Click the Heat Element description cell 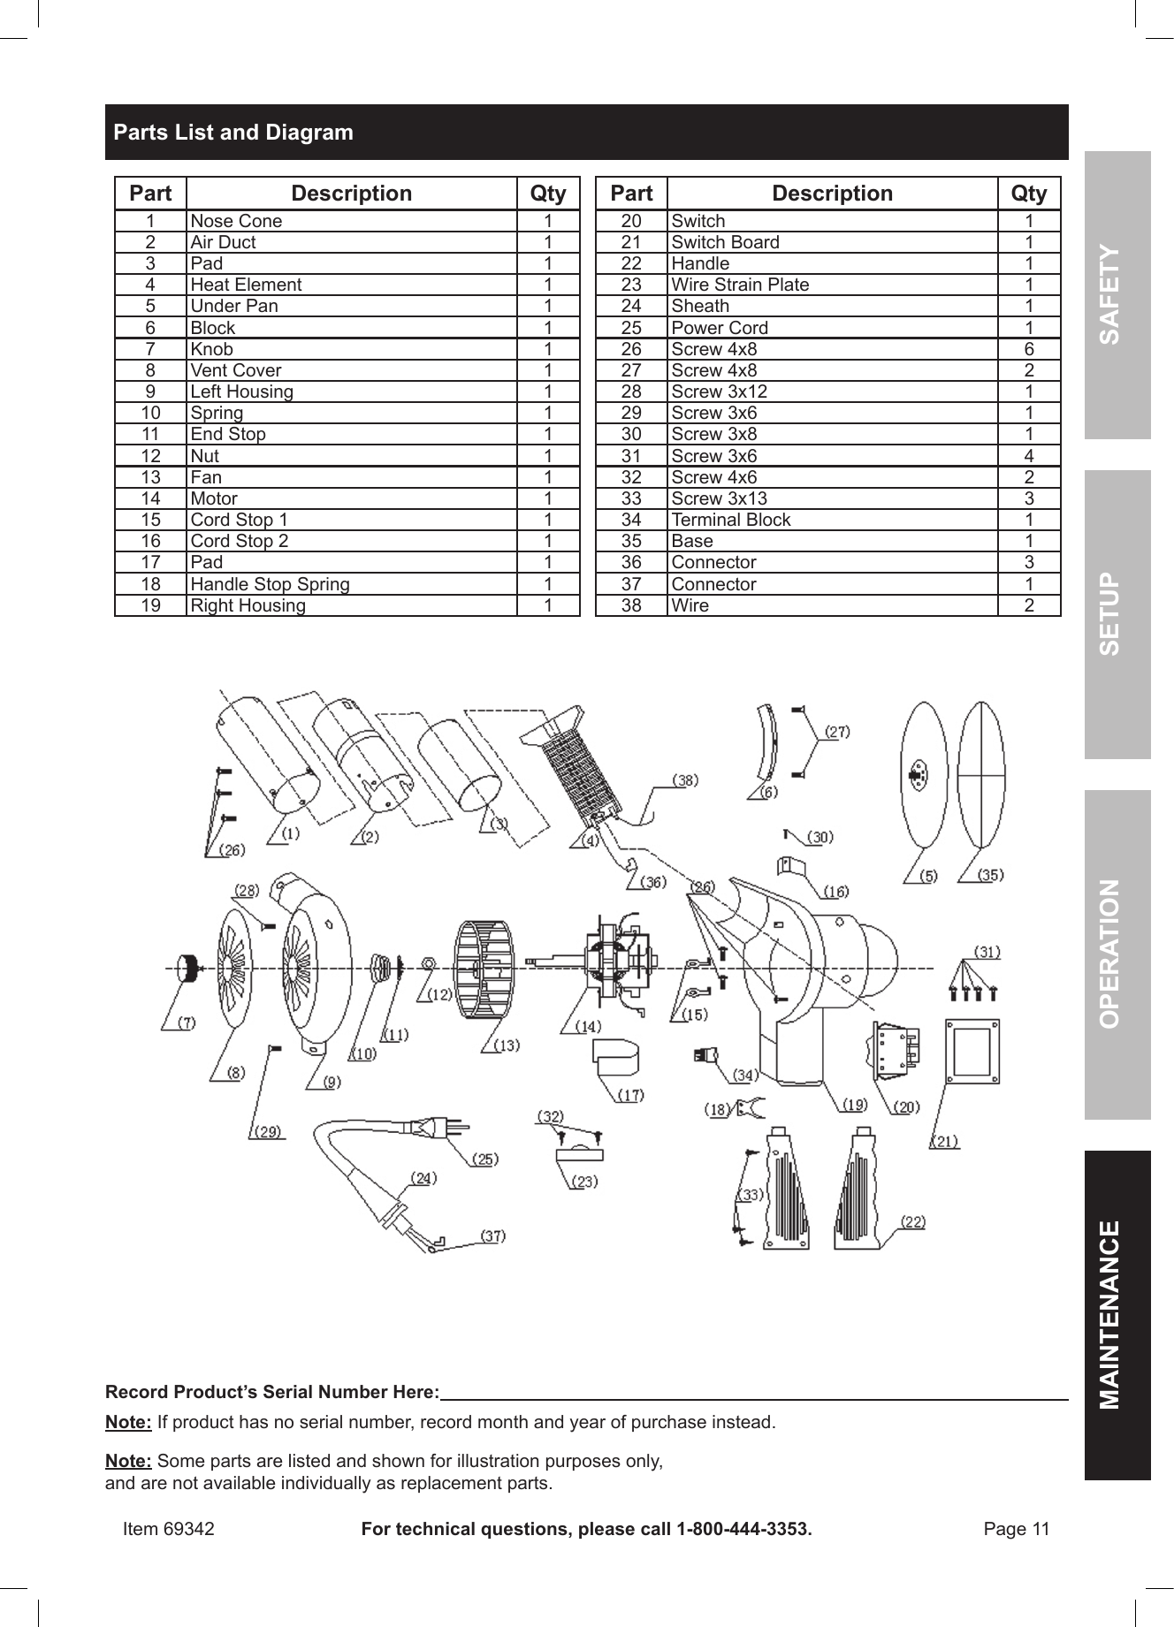click(x=246, y=285)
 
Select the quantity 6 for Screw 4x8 click(x=1029, y=349)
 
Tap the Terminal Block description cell click(x=730, y=520)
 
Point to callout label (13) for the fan click(x=506, y=1045)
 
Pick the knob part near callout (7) click(x=187, y=969)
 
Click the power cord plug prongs click(x=456, y=1127)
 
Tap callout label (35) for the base click(x=990, y=875)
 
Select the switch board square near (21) click(x=972, y=1051)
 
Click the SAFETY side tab click(x=1117, y=294)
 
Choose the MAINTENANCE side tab click(x=1117, y=1314)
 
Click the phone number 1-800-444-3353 click(x=743, y=1529)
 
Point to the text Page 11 click(x=1017, y=1529)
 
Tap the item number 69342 click(x=188, y=1529)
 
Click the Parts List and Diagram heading click(x=233, y=133)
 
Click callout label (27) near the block click(x=836, y=731)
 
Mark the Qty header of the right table click(x=1029, y=194)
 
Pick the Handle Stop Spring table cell click(x=270, y=584)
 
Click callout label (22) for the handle click(x=912, y=1221)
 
